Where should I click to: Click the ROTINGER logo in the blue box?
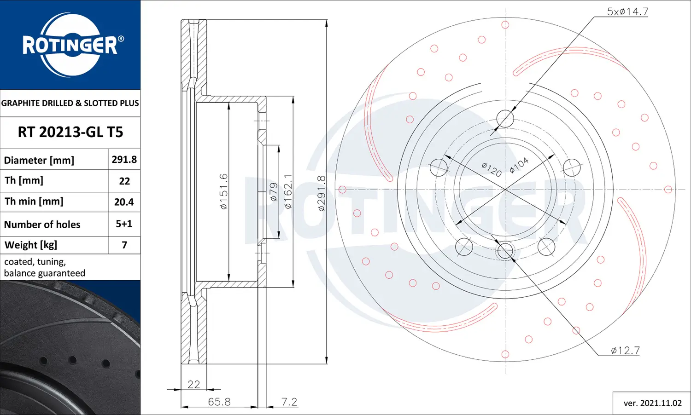(70, 45)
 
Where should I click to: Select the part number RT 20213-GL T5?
(70, 133)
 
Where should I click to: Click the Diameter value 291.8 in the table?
(124, 160)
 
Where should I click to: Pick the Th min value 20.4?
(124, 202)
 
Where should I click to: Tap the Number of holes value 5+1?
(124, 224)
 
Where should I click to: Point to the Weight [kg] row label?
(31, 245)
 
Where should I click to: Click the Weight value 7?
(124, 245)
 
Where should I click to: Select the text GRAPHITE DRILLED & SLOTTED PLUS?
(70, 103)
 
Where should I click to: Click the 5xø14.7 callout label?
(627, 12)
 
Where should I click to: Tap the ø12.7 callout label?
(625, 351)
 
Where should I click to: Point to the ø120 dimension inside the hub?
(492, 169)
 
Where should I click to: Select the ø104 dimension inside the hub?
(519, 166)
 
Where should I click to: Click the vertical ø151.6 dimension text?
(224, 191)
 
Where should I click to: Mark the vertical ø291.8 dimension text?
(322, 193)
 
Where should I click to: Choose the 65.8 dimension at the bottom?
(219, 402)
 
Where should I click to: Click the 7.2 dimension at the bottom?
(289, 402)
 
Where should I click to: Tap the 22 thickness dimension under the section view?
(193, 384)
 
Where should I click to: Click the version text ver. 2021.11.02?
(652, 403)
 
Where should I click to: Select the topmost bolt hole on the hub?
(505, 119)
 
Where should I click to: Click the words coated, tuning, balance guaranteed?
(44, 267)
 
